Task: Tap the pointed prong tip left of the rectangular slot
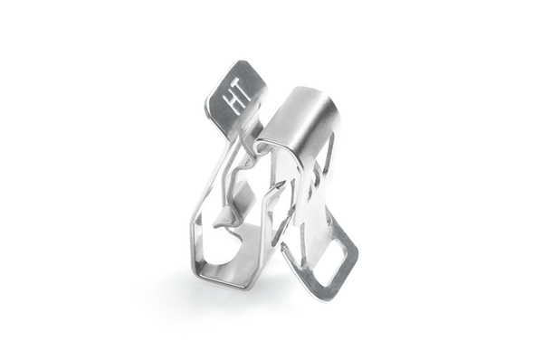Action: click(283, 247)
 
